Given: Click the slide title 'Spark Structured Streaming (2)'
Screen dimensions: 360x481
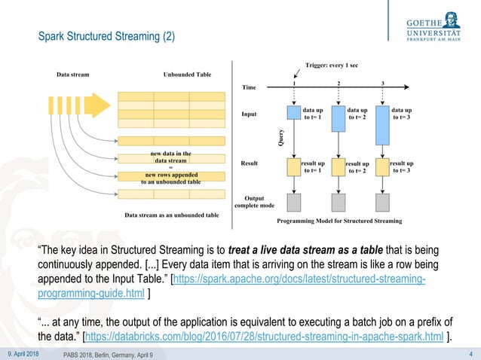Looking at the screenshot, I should (x=106, y=36).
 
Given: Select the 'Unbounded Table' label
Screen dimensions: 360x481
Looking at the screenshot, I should (x=187, y=75).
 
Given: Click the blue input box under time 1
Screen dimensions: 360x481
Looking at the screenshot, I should (x=294, y=113).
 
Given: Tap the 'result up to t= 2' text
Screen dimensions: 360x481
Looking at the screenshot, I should (x=357, y=167).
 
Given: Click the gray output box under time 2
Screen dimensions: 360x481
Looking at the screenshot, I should (x=339, y=201).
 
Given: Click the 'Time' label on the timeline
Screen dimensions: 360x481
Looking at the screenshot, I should (x=249, y=87).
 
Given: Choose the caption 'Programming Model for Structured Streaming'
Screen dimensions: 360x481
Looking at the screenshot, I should (x=339, y=221).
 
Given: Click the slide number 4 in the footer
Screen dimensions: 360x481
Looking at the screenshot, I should (x=470, y=353).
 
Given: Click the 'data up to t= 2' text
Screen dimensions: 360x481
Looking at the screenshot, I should (x=357, y=114).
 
